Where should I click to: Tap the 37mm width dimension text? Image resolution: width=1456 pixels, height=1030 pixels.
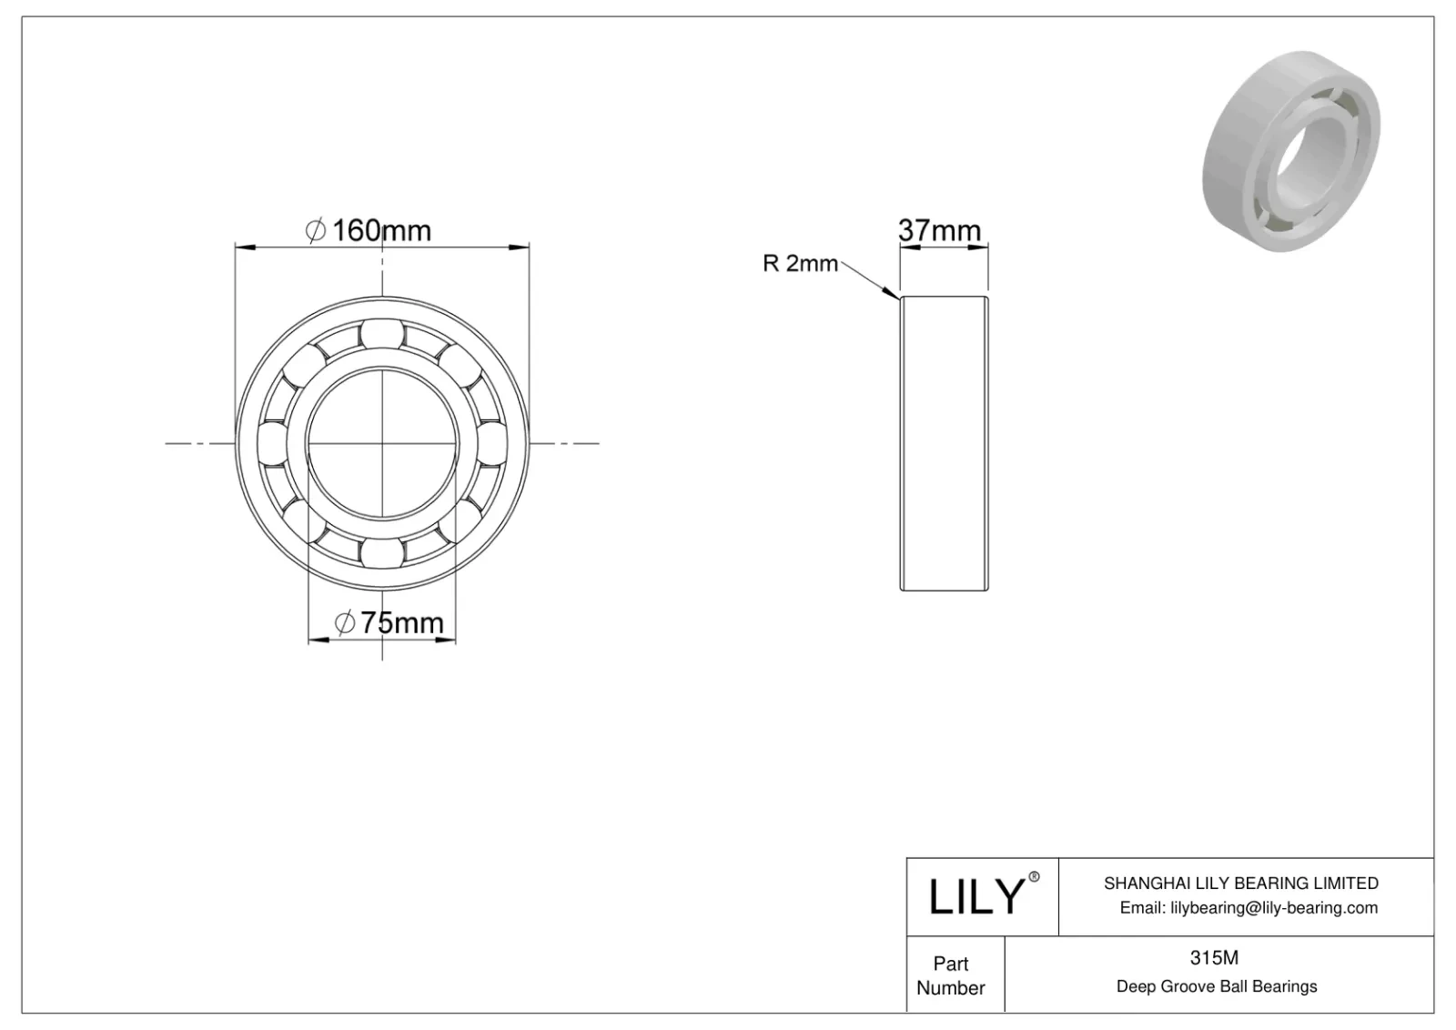coord(940,230)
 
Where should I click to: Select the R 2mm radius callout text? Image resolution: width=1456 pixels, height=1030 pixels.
coord(800,264)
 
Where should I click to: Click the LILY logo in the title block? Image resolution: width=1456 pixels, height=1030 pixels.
coord(976,896)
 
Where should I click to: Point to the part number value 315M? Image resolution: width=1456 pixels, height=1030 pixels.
coord(1214,957)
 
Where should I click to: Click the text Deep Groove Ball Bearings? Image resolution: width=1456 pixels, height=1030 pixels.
coord(1216,986)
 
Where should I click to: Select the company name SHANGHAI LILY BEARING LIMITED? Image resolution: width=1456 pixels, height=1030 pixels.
coord(1240,883)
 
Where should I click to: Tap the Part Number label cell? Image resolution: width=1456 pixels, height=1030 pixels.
coord(951,974)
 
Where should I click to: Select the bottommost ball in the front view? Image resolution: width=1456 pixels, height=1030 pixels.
coord(381,553)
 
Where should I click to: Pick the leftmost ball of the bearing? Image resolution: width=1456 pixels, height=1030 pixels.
coord(271,443)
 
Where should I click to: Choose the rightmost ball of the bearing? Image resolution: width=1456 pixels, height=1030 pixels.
coord(492,443)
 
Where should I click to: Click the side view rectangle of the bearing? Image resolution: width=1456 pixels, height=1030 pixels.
coord(944,443)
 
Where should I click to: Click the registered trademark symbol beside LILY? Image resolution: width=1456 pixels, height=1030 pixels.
coord(1033,877)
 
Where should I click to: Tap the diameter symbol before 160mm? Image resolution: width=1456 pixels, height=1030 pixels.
coord(315,231)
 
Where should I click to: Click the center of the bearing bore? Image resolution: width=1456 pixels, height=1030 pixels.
coord(382,443)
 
